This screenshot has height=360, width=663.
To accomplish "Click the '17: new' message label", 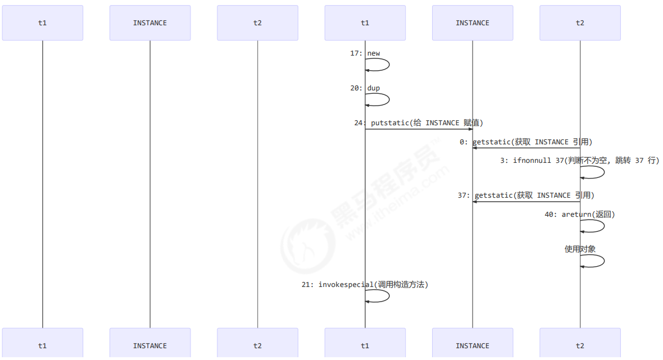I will tap(365, 53).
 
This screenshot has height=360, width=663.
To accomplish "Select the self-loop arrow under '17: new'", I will tap(388, 65).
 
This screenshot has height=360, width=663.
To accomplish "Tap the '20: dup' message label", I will tap(365, 88).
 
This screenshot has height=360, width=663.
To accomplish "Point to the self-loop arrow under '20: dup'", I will tap(388, 99).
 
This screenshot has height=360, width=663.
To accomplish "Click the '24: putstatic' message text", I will tap(419, 123).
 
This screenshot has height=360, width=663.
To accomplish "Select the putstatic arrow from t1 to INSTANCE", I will tap(419, 129).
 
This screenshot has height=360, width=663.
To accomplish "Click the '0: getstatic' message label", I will tap(526, 142).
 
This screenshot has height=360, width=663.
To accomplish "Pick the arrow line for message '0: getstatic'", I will tap(526, 148).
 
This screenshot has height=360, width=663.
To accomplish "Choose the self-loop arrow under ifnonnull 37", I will tap(603, 172).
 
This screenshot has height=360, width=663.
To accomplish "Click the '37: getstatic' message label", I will tap(526, 195).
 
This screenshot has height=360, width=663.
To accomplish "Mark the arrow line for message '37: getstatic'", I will tap(526, 202).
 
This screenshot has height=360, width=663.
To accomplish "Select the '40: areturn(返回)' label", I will tap(580, 215).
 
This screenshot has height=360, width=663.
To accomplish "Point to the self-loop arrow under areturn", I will tap(603, 226).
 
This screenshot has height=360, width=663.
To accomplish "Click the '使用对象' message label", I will tap(580, 249).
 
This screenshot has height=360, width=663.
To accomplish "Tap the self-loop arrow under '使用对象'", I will tap(603, 261).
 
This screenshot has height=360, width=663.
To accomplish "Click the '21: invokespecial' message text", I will tap(365, 285).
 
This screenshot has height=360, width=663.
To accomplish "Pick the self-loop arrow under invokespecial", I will tap(388, 296).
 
